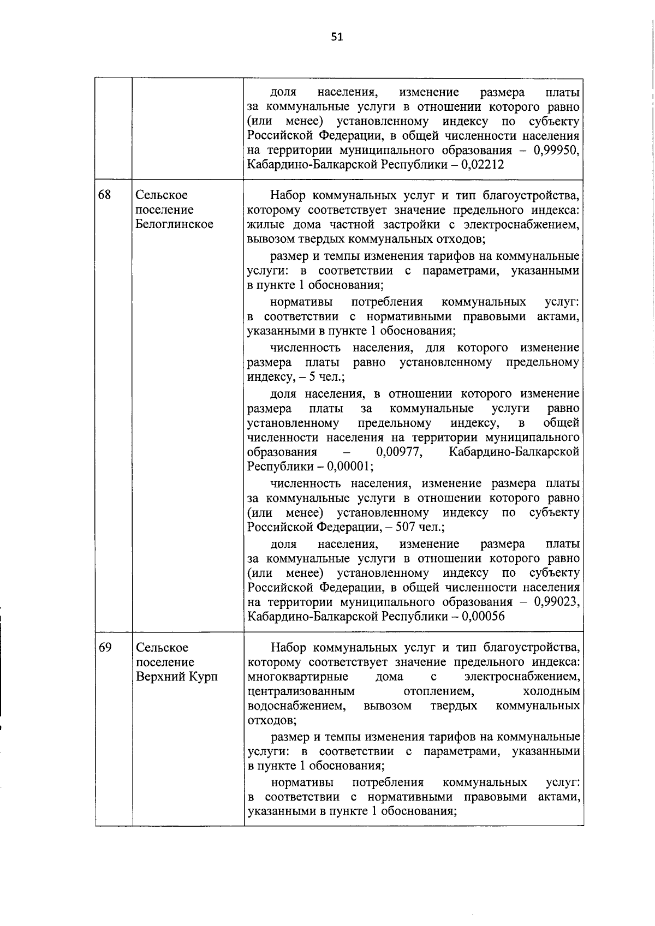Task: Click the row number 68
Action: coord(105,195)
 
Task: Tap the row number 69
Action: coord(105,647)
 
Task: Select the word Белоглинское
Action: coord(174,224)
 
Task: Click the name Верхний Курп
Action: coord(176,677)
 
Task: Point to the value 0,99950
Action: coord(556,150)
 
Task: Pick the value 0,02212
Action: coord(483,165)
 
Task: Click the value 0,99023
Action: coord(556,602)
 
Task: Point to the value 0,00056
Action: coord(483,617)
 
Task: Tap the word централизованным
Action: coord(301,692)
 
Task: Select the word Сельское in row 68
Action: coord(162,195)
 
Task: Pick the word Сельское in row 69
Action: coord(162,647)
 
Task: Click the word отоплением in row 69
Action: coord(438,692)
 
